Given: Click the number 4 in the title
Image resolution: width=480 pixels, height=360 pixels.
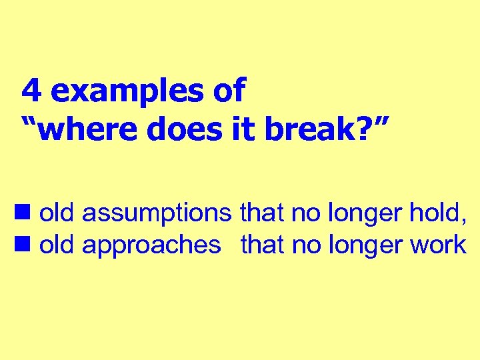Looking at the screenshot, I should pos(31,91).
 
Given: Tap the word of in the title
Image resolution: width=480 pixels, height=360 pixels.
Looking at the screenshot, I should pos(230,91).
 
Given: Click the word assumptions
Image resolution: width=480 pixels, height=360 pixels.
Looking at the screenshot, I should pos(157,213).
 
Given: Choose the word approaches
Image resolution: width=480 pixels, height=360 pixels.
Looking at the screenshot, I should pos(151,246).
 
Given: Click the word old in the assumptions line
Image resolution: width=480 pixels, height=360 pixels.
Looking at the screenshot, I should pos(57,213).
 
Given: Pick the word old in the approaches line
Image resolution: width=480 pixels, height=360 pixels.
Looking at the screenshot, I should pos(57,245).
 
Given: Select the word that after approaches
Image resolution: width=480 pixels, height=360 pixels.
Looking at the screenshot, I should pos(263,245).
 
